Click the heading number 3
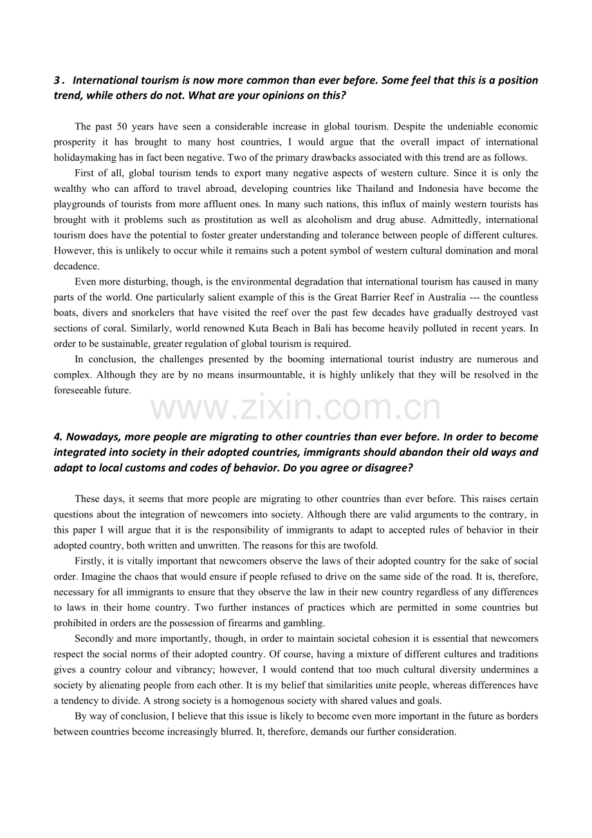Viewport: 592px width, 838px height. pyautogui.click(x=57, y=80)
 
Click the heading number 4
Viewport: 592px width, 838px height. pyautogui.click(x=58, y=437)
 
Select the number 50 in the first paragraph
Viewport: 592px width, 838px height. pyautogui.click(x=124, y=126)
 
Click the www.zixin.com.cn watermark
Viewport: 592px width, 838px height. pyautogui.click(x=296, y=408)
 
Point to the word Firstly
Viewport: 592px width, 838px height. pyautogui.click(x=89, y=561)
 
